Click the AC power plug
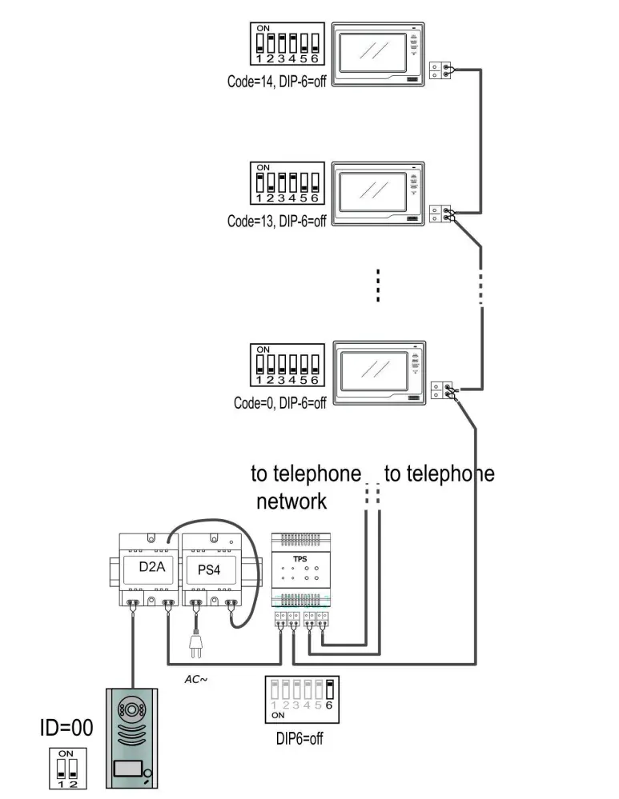(x=194, y=644)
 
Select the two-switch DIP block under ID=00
(x=66, y=769)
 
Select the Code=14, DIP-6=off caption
(x=277, y=81)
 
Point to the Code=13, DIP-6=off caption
(x=277, y=222)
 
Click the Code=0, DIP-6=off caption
(x=280, y=403)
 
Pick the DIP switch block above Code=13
(x=287, y=184)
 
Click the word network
(x=291, y=502)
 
